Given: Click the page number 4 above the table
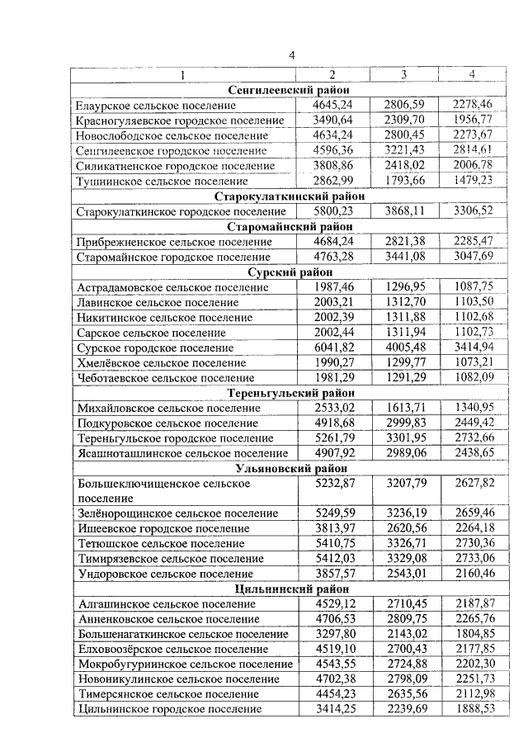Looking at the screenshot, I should (x=291, y=55).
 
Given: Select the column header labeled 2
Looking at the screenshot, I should (x=332, y=75).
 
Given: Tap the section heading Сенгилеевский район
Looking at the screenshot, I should (x=290, y=90).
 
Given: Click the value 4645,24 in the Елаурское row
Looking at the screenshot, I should (x=333, y=105).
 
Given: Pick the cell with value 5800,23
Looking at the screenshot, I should (x=333, y=211).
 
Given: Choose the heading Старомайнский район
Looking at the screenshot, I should (x=290, y=226).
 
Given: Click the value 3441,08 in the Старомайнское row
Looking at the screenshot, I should (x=403, y=257).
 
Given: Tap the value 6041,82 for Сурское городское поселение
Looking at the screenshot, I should (x=333, y=347).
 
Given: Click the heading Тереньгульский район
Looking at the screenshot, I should (x=290, y=393).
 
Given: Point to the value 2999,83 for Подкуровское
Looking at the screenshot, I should (x=403, y=423).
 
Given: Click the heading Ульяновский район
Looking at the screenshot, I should (x=290, y=468).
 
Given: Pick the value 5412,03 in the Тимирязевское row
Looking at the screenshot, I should (x=333, y=559).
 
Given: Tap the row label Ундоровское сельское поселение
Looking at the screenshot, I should (x=165, y=574).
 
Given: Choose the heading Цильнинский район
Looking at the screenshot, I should (x=290, y=589).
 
